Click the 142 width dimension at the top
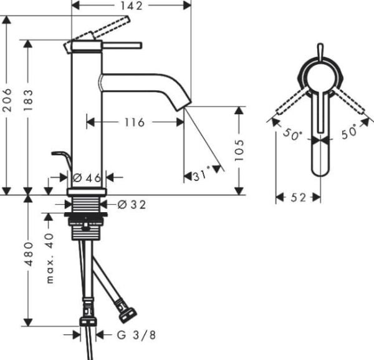131,6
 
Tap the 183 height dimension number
28,100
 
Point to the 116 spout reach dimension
135,122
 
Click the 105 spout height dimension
239,150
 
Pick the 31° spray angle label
202,175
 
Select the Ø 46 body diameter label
87,178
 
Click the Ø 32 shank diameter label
132,205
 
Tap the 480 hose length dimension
29,254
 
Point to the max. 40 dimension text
50,258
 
